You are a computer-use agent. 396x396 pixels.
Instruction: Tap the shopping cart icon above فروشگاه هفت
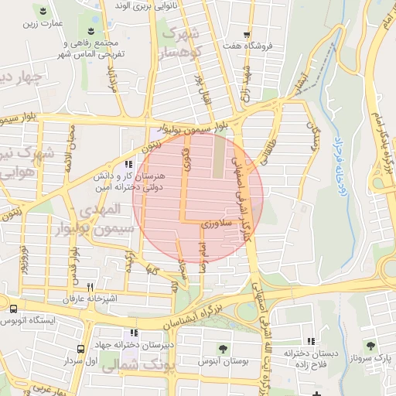coord(247,35)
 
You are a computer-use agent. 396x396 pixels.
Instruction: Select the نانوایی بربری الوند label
coord(144,5)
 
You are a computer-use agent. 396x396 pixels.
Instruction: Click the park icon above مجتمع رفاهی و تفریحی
coord(92,31)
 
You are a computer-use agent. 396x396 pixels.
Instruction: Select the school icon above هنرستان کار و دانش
coord(128,164)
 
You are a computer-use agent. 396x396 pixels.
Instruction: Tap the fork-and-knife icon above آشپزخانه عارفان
coord(90,286)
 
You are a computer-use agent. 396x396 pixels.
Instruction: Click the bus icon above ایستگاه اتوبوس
coord(12,308)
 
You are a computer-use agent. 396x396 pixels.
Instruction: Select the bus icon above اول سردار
coord(81,349)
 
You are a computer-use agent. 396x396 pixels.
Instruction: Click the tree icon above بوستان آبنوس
coord(224,349)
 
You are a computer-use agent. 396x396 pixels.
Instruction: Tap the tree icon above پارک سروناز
coord(370,345)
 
